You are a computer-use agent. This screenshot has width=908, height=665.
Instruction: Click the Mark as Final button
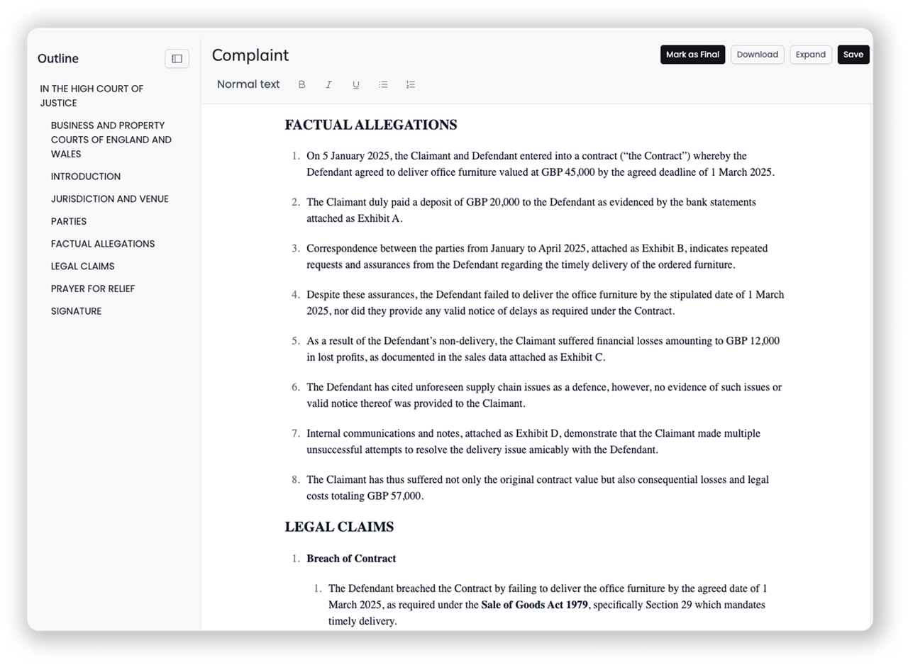click(x=692, y=55)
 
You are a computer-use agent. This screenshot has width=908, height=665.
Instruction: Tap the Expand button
click(x=810, y=55)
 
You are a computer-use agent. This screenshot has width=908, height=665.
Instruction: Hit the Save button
click(x=853, y=55)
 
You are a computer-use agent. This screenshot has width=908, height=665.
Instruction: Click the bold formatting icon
click(x=301, y=84)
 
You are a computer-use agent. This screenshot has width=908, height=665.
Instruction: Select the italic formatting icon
click(x=328, y=84)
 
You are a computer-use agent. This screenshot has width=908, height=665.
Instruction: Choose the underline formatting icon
click(x=356, y=84)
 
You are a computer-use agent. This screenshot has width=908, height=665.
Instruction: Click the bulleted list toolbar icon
click(x=383, y=84)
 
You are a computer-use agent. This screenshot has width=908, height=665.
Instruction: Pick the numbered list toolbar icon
click(x=410, y=84)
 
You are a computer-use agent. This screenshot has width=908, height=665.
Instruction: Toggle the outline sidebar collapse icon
click(x=177, y=59)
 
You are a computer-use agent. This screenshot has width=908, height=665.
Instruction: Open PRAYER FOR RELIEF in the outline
click(x=93, y=289)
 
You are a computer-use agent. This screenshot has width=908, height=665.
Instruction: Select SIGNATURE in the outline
click(x=76, y=311)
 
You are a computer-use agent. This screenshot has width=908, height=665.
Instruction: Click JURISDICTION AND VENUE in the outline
click(x=110, y=199)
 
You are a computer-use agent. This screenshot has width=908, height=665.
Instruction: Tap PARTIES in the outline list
click(x=69, y=221)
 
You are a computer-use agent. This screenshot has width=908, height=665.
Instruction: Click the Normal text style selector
click(x=248, y=84)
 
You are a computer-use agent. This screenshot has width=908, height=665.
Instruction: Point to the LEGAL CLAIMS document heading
click(x=339, y=527)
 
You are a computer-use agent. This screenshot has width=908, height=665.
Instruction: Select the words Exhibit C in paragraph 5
click(x=582, y=357)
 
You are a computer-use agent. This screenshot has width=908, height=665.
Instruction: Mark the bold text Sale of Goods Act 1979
click(x=534, y=605)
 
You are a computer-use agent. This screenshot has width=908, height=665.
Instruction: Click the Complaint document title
click(x=250, y=55)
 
